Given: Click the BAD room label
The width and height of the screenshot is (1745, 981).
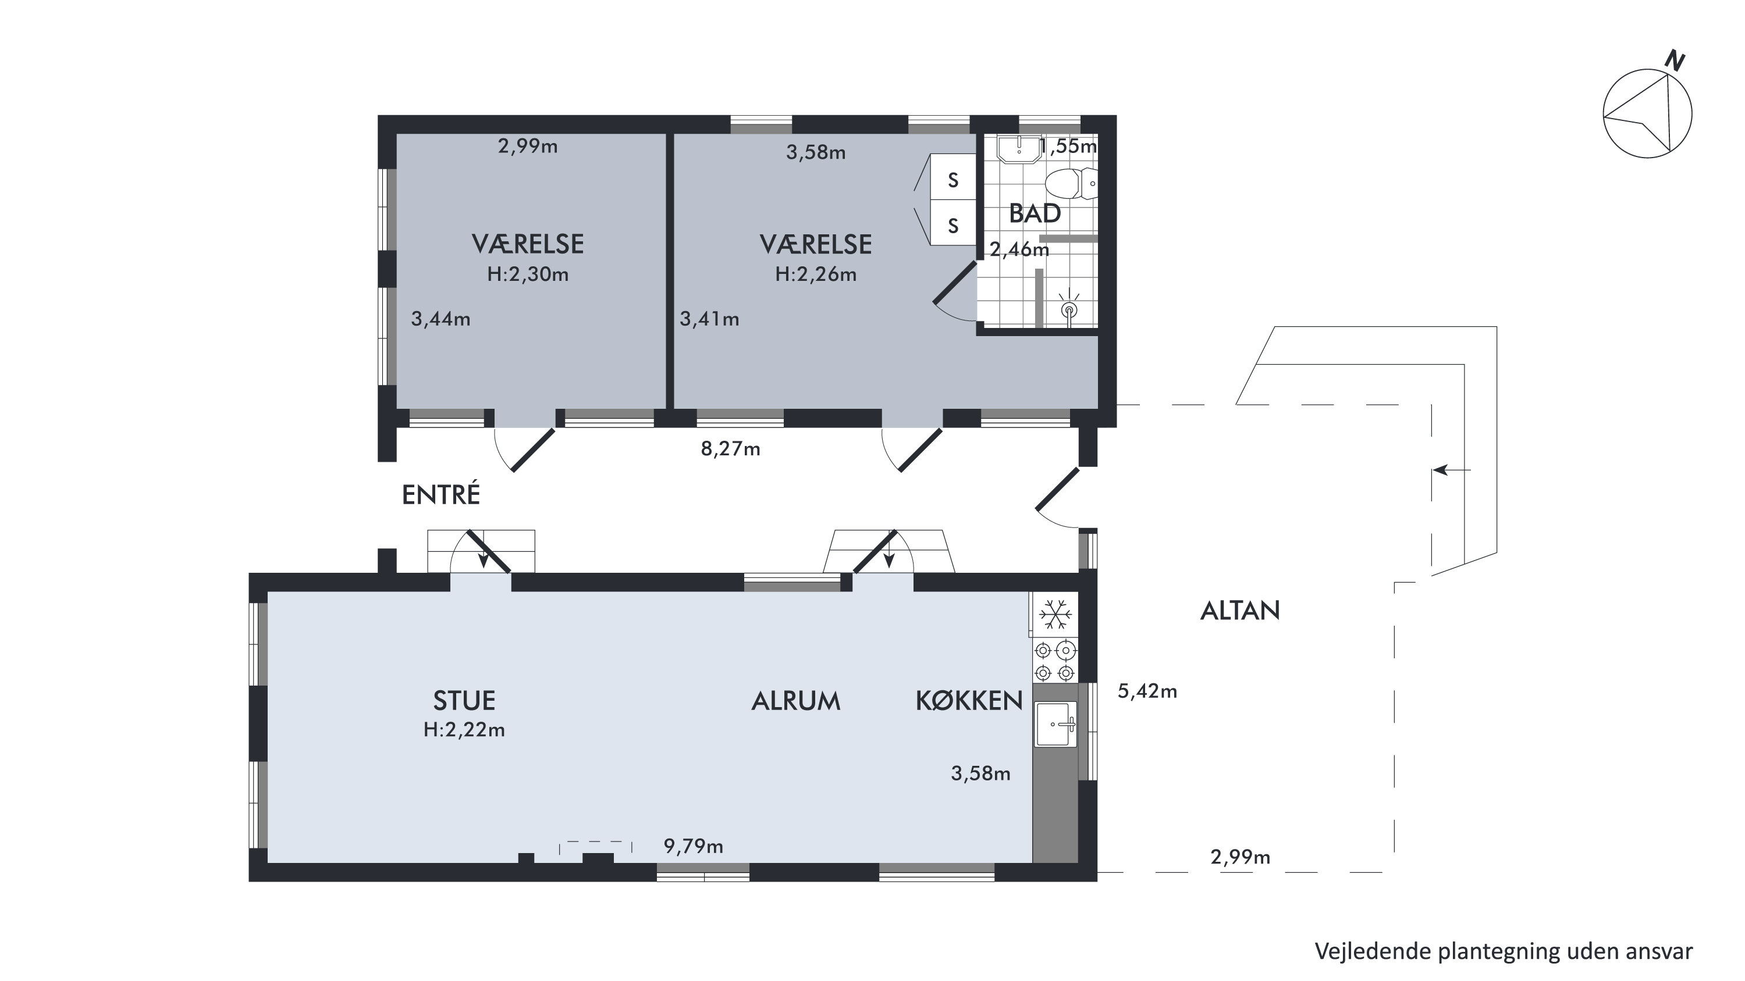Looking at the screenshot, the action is coord(1035,214).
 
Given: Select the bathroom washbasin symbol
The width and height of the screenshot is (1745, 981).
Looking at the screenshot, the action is coord(1018,149).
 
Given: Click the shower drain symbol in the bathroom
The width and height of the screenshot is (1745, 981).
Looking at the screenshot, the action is coord(1069,310).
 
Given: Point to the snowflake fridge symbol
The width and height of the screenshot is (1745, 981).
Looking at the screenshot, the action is coord(1055,615).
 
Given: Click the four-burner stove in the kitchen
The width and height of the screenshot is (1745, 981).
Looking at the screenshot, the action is coord(1055,661).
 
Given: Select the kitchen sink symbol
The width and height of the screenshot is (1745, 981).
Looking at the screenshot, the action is coord(1055,725).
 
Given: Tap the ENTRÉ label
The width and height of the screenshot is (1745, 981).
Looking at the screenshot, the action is coord(441,494).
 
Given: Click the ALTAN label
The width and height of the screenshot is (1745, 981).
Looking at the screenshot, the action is coord(1240,611).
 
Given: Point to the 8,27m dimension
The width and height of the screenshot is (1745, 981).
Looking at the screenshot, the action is coord(730,449).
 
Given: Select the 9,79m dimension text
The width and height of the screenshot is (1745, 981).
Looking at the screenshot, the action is coord(693,846).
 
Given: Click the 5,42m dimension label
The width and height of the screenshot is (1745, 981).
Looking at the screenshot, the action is coord(1147,691).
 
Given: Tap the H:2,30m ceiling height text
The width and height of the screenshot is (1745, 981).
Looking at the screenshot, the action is coord(528,274).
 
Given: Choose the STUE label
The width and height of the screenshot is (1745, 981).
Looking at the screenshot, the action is coord(464,701).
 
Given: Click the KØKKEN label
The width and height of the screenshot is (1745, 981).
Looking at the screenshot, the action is coord(969,701).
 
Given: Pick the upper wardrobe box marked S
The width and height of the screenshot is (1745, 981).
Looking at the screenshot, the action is coord(953,180).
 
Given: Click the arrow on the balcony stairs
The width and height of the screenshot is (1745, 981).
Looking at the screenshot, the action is coord(1452,470).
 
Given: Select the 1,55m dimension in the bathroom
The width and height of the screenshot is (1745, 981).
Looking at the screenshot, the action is coord(1068,146).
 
